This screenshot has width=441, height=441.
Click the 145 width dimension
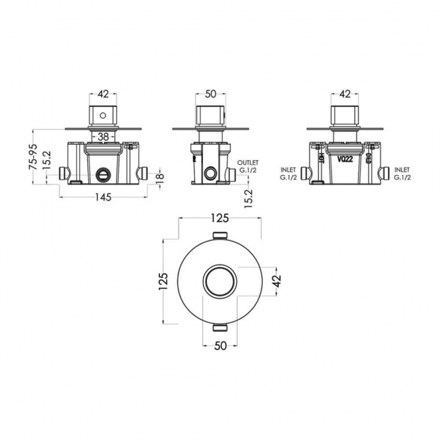pos(102,197)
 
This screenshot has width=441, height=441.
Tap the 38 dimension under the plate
pos(102,136)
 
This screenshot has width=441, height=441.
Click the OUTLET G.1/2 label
pos(249,165)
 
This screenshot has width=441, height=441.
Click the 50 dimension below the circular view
pos(220,345)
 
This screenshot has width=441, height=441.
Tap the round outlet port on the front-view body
pos(103,173)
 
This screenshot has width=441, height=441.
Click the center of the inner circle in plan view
pos(220,280)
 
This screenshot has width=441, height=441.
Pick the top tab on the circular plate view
pos(220,235)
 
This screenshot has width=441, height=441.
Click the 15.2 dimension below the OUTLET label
pos(249,198)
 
